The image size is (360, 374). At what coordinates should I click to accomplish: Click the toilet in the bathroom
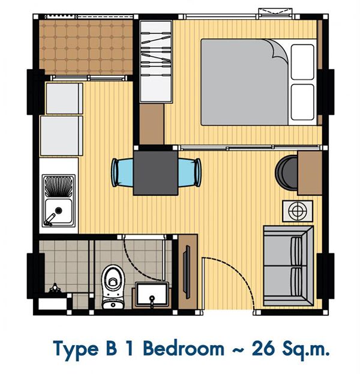point(113,287)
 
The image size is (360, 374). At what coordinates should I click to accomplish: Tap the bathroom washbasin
point(152,294)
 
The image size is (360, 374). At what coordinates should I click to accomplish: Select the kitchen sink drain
point(59,210)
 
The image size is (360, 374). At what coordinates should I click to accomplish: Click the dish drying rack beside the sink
point(58,186)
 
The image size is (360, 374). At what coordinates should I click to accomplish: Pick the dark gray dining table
point(155,173)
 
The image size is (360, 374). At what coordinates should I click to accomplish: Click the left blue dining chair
point(122,172)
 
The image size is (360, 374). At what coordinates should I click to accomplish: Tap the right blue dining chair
point(190,172)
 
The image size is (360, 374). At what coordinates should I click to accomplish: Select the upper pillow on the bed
point(302,62)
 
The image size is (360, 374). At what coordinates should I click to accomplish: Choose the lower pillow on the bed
point(302,102)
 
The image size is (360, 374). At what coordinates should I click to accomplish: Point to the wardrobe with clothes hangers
point(156,62)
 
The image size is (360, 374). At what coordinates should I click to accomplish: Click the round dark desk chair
point(286,173)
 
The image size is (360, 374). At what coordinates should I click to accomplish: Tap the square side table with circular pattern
point(298,211)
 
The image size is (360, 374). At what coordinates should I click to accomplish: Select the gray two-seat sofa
point(289,266)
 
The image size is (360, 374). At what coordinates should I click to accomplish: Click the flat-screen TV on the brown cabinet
point(187,272)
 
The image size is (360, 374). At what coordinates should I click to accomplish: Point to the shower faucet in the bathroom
point(55,288)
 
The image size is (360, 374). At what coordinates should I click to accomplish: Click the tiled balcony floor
point(86,47)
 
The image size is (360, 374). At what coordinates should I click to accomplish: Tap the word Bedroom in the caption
point(184,349)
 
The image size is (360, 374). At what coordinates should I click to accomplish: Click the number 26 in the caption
point(263,349)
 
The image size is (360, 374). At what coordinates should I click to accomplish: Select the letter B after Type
point(112,349)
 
